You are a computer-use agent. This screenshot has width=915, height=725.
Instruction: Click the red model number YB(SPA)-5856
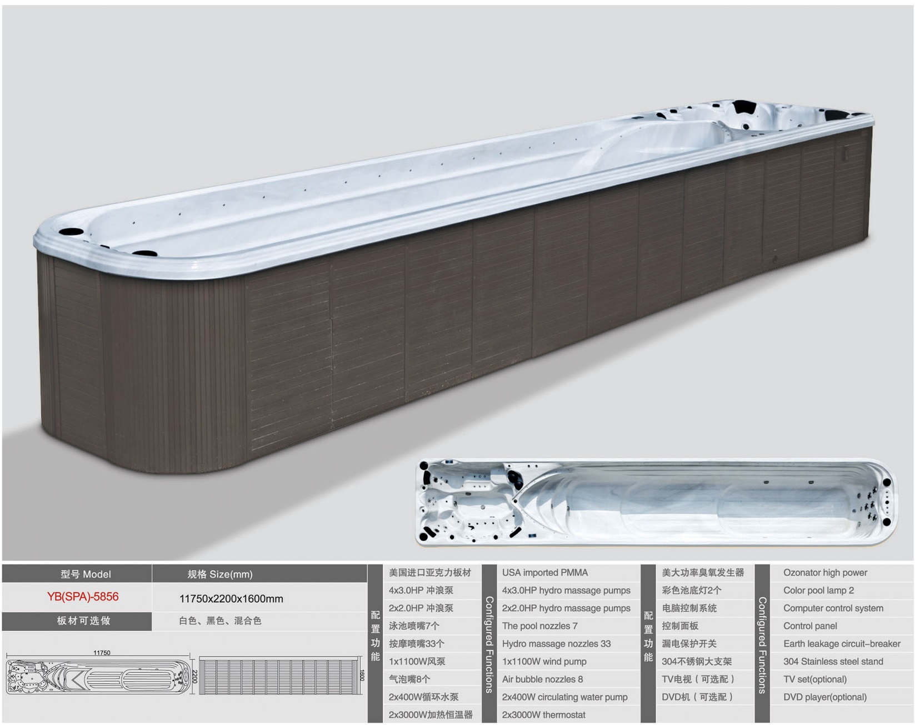point(83,597)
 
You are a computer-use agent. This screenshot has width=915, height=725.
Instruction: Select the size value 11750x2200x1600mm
point(231,599)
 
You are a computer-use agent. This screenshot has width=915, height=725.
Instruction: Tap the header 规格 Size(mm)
point(220,574)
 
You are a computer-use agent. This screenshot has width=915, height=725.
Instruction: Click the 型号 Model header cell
point(86,574)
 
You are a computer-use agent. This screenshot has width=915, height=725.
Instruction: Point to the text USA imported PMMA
point(545,573)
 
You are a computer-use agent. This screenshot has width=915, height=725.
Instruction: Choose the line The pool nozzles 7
point(540,626)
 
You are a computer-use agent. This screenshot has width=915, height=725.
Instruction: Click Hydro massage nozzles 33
point(556,644)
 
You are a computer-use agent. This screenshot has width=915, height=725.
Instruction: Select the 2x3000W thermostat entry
point(544,715)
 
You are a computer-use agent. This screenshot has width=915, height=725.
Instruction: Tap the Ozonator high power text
point(825,573)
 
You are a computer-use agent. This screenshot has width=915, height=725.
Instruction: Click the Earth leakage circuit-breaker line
point(842,644)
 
